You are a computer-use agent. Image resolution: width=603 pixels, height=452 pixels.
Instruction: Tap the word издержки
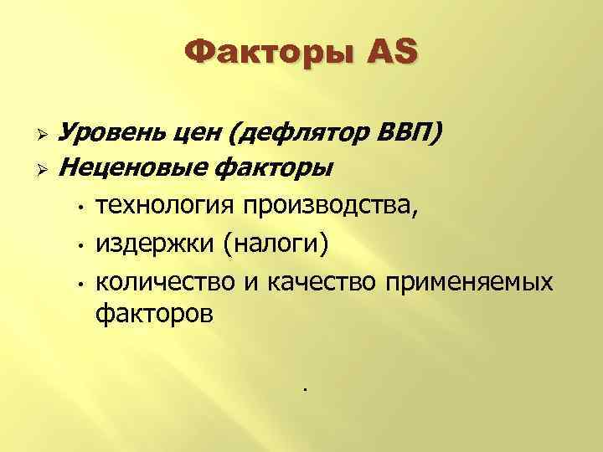155,244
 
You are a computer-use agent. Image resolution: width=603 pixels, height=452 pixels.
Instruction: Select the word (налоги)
277,244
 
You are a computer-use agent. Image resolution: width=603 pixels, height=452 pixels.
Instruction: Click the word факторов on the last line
155,316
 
